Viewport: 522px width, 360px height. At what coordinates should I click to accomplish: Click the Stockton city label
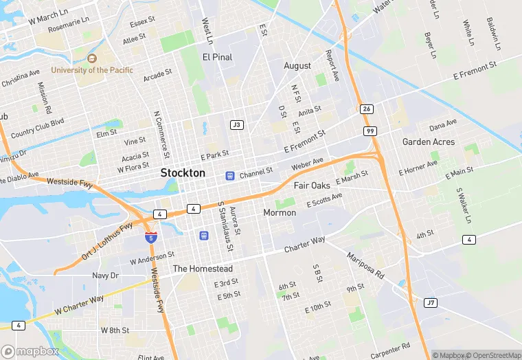[183, 173]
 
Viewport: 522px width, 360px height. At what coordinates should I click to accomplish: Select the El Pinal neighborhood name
[217, 57]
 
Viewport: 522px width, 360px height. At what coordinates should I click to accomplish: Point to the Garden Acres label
[429, 142]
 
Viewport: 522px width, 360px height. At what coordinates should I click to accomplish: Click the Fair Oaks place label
[312, 185]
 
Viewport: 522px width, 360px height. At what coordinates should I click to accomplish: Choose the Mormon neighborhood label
[280, 213]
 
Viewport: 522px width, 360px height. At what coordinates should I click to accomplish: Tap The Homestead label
[203, 269]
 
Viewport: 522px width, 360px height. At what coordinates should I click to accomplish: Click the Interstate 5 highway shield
[150, 238]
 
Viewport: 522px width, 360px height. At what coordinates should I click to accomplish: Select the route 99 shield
[370, 131]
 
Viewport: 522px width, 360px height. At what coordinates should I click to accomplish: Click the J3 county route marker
[237, 124]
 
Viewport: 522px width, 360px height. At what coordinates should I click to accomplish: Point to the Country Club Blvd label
[37, 128]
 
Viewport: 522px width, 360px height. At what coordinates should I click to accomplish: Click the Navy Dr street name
[105, 275]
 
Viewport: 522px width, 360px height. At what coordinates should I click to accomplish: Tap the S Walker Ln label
[464, 204]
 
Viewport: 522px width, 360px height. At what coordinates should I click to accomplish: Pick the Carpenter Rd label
[390, 348]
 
